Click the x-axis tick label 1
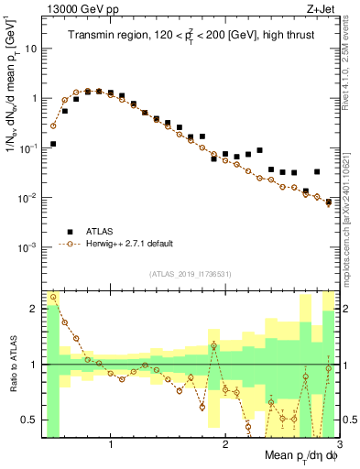[111, 443]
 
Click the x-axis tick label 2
[225, 443]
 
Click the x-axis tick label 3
[338, 443]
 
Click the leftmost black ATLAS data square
[54, 144]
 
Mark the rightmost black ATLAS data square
[329, 202]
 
